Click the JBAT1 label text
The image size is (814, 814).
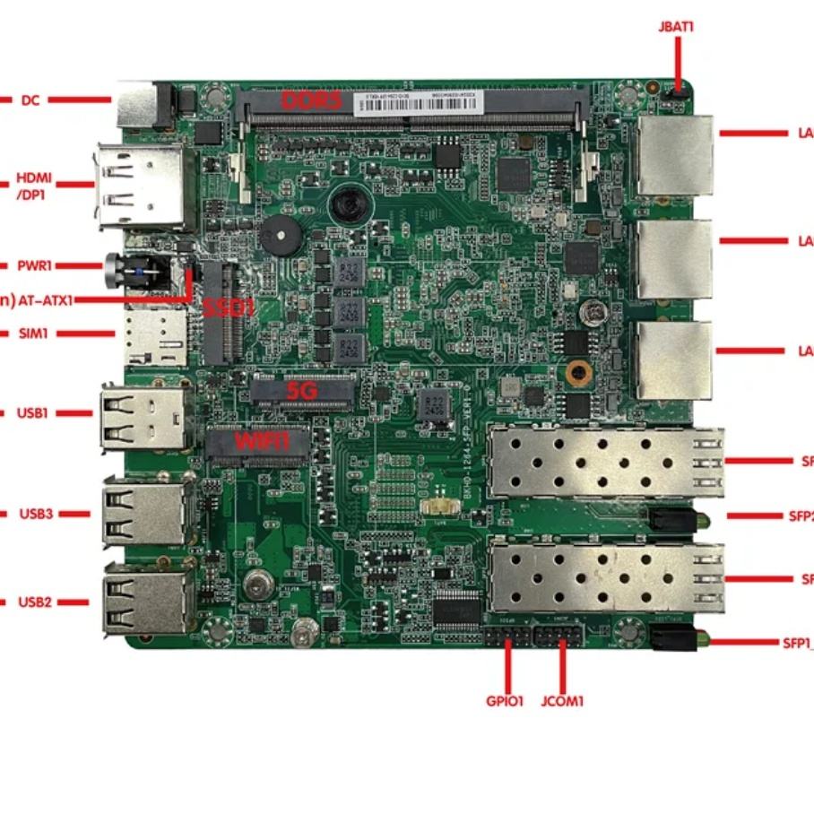pos(676,27)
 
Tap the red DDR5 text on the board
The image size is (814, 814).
pos(311,100)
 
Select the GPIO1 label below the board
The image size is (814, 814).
pos(505,701)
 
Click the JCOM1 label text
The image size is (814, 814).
pos(562,701)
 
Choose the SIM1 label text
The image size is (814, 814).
pos(33,333)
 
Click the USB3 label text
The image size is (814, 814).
pos(37,514)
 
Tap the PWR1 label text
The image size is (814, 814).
pos(35,266)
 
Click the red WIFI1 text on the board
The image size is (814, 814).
pos(263,441)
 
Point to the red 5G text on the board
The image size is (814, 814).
pos(299,391)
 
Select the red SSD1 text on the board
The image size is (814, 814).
pos(228,309)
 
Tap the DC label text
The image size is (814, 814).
pos(30,100)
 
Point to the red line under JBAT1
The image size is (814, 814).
pos(678,63)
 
